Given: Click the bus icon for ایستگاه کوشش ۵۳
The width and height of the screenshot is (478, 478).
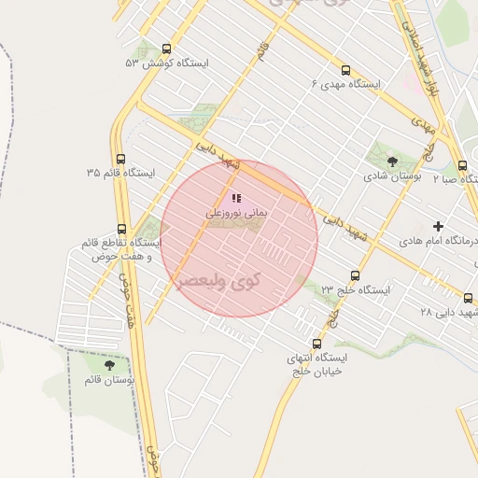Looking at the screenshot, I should (167, 49).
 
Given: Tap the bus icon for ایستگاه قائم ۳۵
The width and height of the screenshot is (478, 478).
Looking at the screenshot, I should (120, 159).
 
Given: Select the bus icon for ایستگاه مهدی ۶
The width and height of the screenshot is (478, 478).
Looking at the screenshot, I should (346, 70).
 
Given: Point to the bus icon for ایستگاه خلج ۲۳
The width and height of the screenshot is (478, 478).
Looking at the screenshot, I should (355, 275).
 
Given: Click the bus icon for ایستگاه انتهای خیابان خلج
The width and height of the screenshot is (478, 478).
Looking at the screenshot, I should (317, 343).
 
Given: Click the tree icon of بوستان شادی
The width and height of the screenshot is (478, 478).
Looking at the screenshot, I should (391, 162).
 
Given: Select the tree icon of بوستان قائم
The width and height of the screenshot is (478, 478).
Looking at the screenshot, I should (109, 365).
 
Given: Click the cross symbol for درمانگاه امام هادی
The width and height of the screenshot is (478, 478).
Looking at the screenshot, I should (438, 226).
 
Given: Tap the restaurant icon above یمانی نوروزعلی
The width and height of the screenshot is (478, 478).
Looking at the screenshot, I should (236, 198).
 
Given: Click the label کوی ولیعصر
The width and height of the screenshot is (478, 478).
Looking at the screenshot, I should (217, 279).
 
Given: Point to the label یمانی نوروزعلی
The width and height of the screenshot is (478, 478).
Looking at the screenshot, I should (236, 214).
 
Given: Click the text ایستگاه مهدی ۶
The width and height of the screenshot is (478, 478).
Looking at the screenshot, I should (346, 84).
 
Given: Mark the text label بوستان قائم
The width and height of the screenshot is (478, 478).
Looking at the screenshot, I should (109, 380).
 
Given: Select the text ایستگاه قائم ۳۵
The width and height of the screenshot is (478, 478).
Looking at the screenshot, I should (120, 173).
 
